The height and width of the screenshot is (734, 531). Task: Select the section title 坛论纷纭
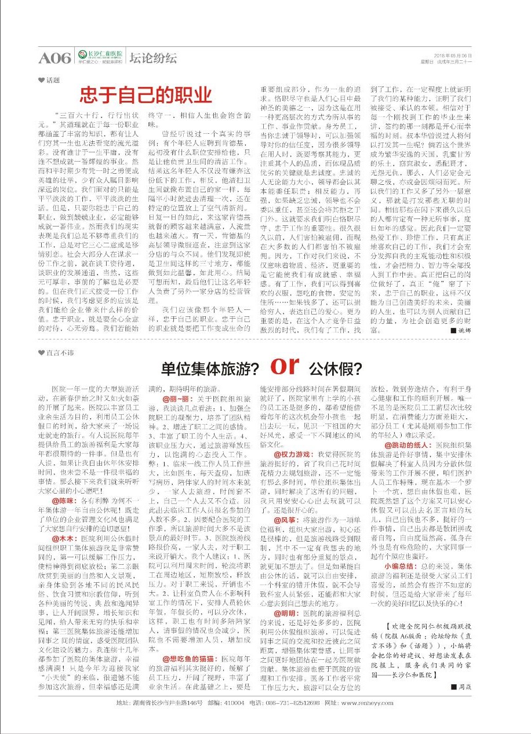tap(153, 58)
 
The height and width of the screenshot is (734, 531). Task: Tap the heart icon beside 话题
tap(41, 81)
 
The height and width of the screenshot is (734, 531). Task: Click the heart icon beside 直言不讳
tap(41, 352)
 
